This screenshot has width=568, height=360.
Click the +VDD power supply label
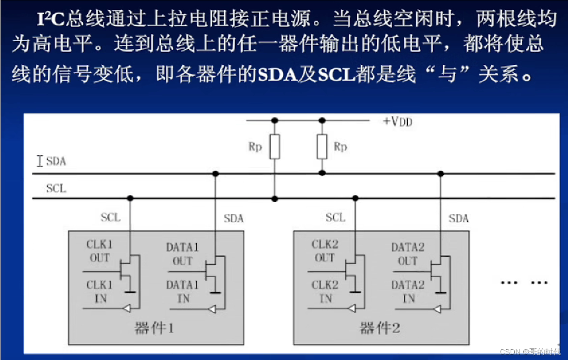point(397,122)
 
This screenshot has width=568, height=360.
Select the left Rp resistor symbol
point(275,147)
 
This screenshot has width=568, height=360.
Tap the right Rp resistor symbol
point(322,147)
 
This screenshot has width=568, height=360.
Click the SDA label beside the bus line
point(56,161)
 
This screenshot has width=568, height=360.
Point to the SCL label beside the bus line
point(56,188)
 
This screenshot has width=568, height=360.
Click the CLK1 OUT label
point(99,251)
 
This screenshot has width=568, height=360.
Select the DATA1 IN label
point(183,292)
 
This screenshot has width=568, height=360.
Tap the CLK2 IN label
point(325,292)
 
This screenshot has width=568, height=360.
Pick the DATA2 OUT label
point(408,254)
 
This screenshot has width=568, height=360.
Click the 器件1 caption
point(154,329)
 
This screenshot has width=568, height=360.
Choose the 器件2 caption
point(380,329)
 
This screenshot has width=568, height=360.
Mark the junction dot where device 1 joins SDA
point(215,174)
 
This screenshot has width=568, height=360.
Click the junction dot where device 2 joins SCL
point(355,198)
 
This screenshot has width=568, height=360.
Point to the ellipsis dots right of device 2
point(524,283)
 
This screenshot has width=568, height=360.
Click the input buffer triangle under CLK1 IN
point(128,308)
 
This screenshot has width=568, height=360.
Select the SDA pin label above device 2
point(458,219)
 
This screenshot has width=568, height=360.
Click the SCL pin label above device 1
point(110,217)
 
